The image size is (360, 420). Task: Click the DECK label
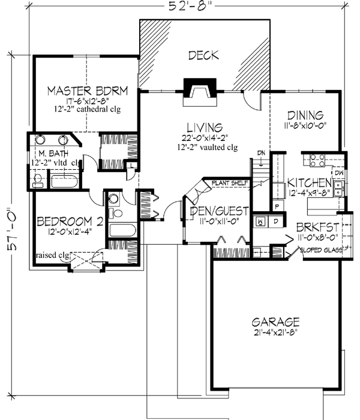pyautogui.click(x=203, y=56)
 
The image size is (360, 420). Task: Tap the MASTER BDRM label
pyautogui.click(x=88, y=91)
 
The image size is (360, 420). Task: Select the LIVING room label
pyautogui.click(x=205, y=127)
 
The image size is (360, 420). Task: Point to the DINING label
pyautogui.click(x=305, y=115)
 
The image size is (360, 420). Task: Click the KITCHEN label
pyautogui.click(x=309, y=182)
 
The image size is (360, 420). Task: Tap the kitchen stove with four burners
pyautogui.click(x=316, y=161)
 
